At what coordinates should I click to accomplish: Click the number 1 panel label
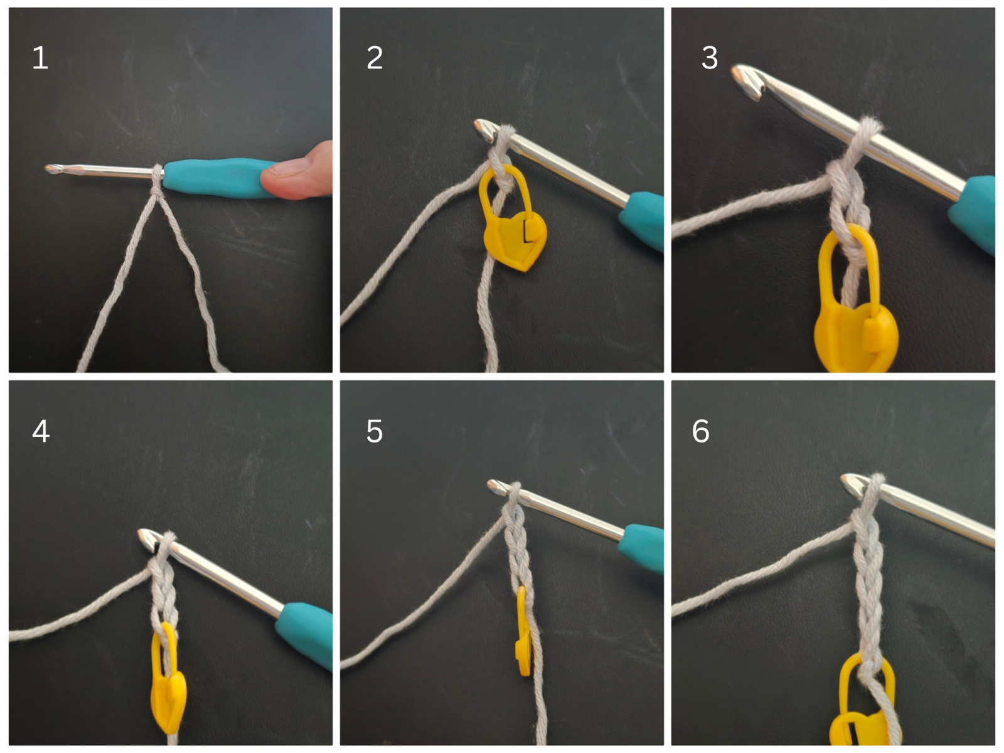point(40,58)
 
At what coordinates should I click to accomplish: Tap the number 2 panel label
point(375,58)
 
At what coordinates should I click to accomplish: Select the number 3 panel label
point(709,58)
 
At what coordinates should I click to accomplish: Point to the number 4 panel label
point(41,431)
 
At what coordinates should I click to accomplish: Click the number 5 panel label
point(375,431)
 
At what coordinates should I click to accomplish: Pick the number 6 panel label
point(701,431)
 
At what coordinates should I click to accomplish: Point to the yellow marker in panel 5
point(523,634)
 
